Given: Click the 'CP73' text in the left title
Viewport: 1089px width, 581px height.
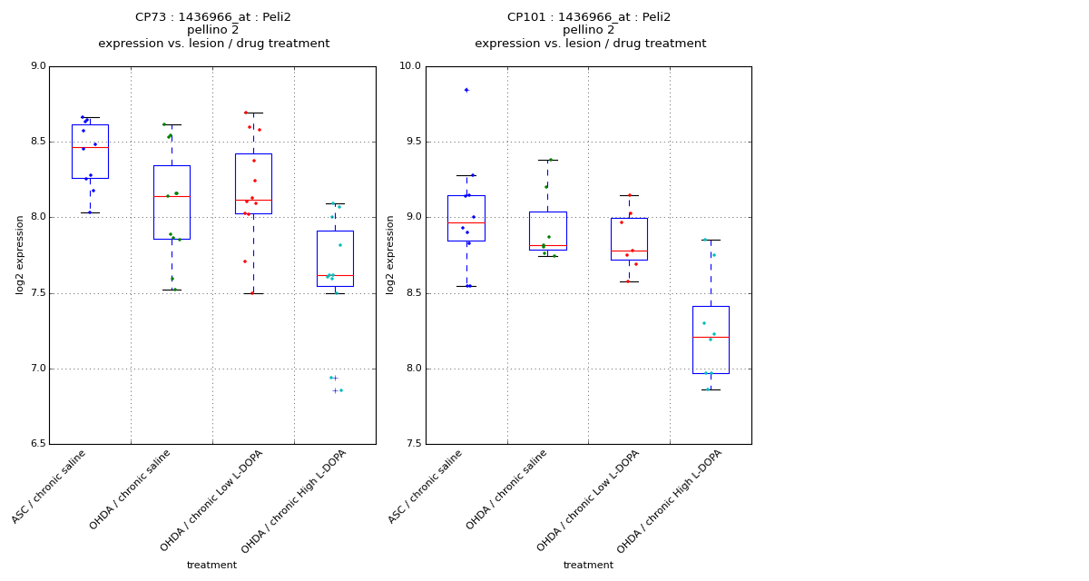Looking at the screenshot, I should pos(151,17).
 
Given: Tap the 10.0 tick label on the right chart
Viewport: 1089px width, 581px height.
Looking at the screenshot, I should pos(410,66).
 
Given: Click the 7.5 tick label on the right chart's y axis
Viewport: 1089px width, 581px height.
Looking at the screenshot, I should pos(412,444).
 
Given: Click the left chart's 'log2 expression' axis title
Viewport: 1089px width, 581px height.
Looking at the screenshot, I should pos(20,254).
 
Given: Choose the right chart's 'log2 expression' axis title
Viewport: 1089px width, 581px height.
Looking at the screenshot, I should pos(390,254).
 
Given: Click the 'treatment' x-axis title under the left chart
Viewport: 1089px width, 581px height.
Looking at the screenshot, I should pos(211,566).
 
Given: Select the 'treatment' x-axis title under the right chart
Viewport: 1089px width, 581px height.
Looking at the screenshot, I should pos(588,566).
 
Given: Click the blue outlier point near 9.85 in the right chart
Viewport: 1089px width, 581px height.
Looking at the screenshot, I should pos(466,90).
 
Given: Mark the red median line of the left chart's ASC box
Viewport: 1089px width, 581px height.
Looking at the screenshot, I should pos(90,147).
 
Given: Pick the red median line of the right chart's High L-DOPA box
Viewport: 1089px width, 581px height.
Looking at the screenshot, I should pos(711,338).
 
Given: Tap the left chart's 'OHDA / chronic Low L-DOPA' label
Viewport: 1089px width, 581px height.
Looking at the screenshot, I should pos(212,500).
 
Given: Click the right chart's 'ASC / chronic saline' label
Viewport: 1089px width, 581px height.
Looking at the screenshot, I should pos(427,486).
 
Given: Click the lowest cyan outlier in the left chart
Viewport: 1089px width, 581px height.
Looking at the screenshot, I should pos(336,390).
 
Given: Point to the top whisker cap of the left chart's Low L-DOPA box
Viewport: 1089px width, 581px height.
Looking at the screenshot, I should pos(253,113).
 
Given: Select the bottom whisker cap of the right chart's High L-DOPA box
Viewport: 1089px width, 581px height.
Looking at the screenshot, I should pos(711,389).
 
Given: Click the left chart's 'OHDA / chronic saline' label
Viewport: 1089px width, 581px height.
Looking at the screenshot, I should pos(131,489).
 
